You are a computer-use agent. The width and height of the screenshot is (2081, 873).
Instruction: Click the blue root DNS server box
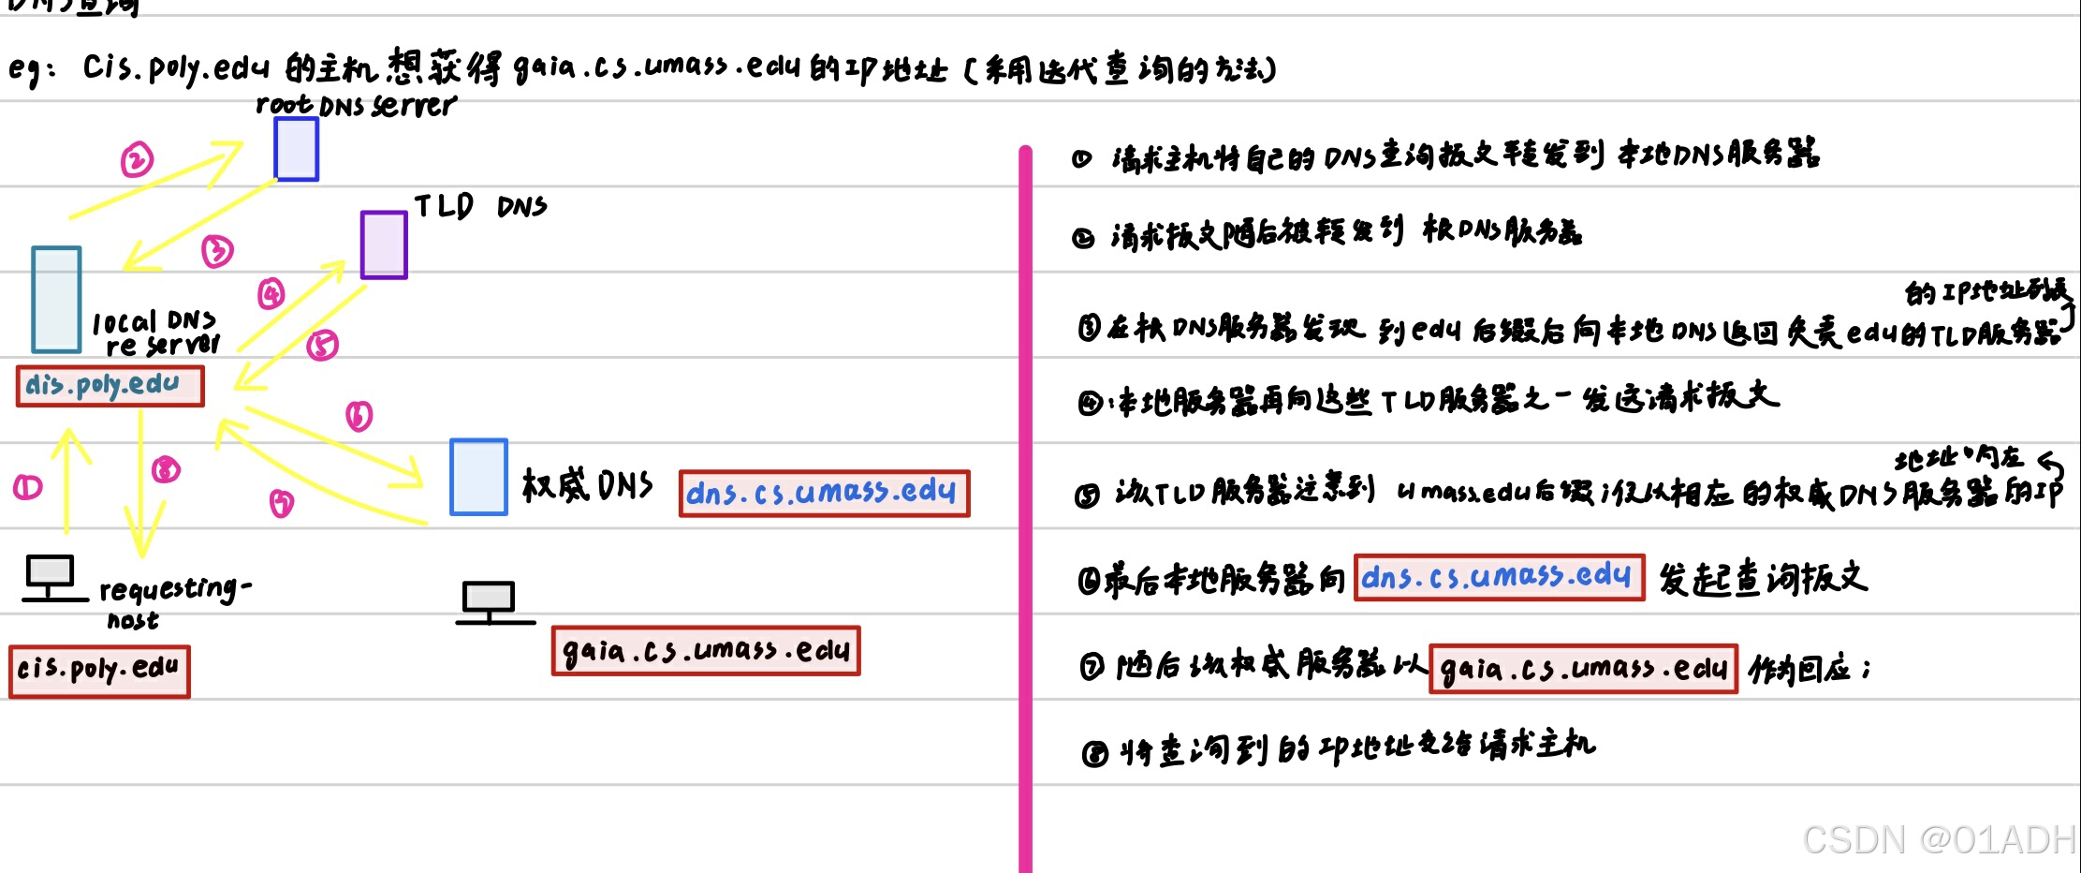pyautogui.click(x=296, y=149)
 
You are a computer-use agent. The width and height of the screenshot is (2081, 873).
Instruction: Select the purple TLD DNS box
pyautogui.click(x=384, y=244)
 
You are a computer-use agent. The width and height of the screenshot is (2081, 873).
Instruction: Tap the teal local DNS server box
pyautogui.click(x=56, y=299)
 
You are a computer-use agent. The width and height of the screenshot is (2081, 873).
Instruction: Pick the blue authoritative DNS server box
pyautogui.click(x=478, y=477)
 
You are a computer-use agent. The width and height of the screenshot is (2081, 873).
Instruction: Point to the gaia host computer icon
pyautogui.click(x=489, y=602)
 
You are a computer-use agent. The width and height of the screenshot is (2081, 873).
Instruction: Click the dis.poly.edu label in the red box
pyautogui.click(x=110, y=386)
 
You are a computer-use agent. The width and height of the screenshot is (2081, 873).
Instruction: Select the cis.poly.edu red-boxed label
pyautogui.click(x=99, y=671)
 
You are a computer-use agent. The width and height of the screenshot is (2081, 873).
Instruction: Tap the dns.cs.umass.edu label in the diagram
pyautogui.click(x=824, y=493)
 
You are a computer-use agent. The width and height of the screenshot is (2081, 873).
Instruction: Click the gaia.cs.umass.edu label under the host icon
pyautogui.click(x=706, y=651)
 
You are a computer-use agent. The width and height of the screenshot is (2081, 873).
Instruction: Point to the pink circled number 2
pyautogui.click(x=137, y=160)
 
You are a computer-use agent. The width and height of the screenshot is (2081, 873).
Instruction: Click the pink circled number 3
pyautogui.click(x=217, y=250)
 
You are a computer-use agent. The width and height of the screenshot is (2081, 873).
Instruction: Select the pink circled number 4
pyautogui.click(x=271, y=294)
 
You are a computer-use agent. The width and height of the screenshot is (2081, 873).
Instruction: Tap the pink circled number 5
pyautogui.click(x=322, y=345)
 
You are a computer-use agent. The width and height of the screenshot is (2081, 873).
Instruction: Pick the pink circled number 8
pyautogui.click(x=166, y=468)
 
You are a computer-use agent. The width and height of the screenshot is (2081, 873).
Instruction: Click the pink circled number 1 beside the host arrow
pyautogui.click(x=27, y=487)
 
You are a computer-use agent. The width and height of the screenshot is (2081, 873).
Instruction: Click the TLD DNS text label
pyautogui.click(x=480, y=206)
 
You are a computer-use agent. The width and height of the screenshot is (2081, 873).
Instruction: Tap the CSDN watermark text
pyautogui.click(x=1938, y=840)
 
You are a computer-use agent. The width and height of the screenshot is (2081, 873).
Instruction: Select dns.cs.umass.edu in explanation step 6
pyautogui.click(x=1499, y=577)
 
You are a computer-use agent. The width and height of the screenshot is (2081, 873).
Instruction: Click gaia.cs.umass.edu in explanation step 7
pyautogui.click(x=1583, y=669)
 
